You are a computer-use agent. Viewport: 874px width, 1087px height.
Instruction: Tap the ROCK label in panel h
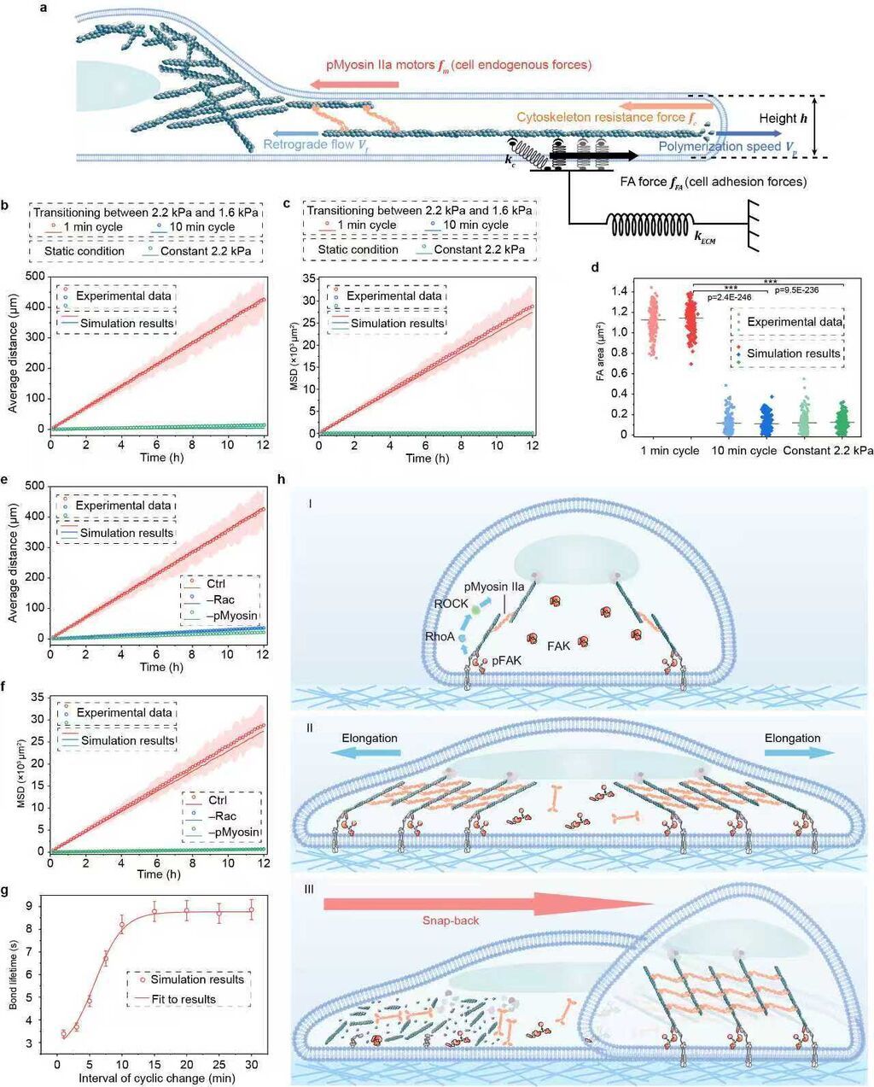(452, 603)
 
